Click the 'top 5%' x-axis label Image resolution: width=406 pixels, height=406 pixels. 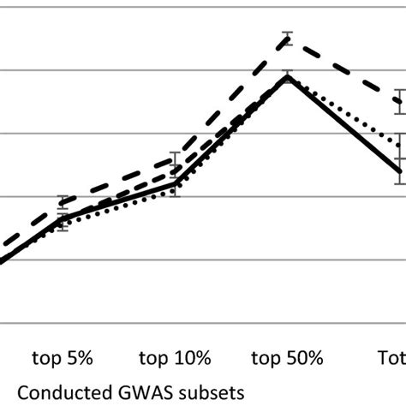63,358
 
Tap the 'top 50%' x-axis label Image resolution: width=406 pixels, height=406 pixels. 288,358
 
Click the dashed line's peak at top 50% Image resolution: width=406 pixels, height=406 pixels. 288,37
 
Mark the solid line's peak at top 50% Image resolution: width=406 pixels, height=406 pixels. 288,76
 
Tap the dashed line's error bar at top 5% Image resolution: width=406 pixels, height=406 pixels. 63,203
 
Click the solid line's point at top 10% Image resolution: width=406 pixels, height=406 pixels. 175,182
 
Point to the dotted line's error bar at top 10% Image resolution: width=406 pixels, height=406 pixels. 175,191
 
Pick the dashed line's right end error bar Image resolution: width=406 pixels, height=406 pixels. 399,100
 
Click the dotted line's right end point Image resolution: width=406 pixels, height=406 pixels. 399,141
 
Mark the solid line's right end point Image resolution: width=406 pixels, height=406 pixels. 399,171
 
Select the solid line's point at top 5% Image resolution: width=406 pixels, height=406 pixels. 63,218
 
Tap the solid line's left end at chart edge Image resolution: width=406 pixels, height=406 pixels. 3,260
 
